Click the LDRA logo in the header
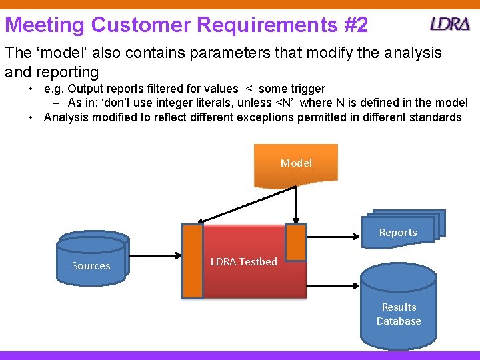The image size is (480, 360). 450,25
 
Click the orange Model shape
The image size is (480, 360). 296,163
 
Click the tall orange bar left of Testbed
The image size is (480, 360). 193,261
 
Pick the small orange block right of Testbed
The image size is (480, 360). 295,242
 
